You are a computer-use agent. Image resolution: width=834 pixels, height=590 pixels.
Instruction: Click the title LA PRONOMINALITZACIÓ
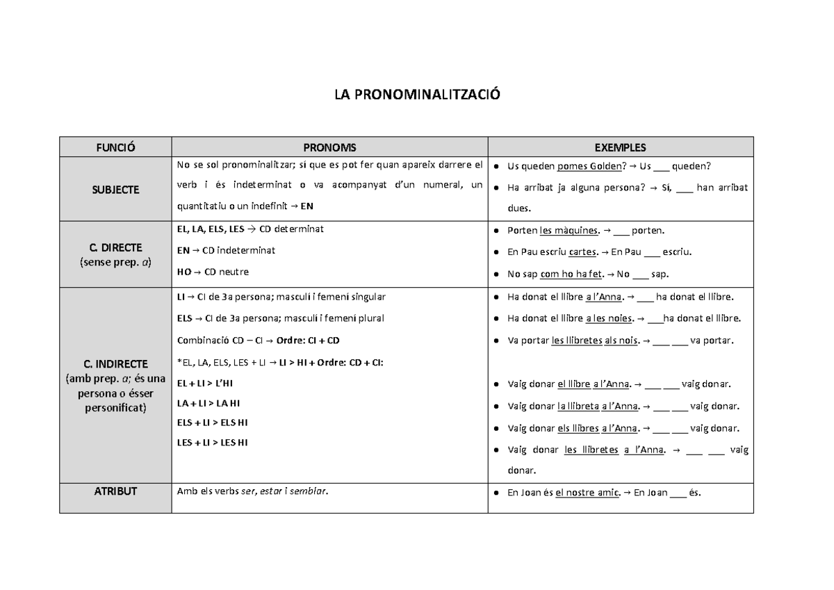pyautogui.click(x=417, y=95)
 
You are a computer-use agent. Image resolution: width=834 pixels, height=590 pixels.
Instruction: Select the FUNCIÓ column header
pyautogui.click(x=115, y=147)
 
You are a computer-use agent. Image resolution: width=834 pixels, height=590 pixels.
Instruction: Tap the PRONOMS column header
pyautogui.click(x=329, y=147)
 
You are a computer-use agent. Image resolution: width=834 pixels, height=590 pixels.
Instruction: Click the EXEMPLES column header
pyautogui.click(x=620, y=147)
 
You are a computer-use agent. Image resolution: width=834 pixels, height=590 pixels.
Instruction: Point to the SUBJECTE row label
pyautogui.click(x=115, y=190)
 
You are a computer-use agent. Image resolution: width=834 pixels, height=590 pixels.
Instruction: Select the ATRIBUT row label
pyautogui.click(x=115, y=491)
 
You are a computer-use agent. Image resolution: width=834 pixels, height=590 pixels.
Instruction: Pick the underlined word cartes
pyautogui.click(x=583, y=252)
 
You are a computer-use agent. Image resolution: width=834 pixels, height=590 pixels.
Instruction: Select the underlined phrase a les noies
pyautogui.click(x=610, y=319)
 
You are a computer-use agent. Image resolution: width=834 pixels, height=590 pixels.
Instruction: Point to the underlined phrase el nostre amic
pyautogui.click(x=584, y=493)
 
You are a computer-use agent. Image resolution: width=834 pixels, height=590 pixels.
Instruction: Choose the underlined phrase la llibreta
pyautogui.click(x=578, y=407)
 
